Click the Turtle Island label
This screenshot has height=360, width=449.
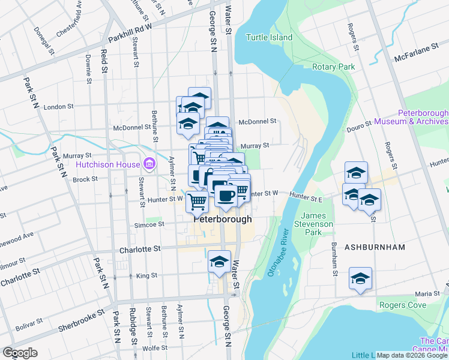point(270,37)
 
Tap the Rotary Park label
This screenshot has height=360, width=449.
point(334,67)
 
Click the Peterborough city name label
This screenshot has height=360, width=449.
point(223,220)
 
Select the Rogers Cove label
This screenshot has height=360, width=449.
point(403,305)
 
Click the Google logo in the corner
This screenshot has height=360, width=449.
point(20,353)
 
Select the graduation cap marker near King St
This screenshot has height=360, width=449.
point(219,262)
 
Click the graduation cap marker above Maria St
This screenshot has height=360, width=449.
point(360,278)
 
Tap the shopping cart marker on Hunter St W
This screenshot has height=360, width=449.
point(197,202)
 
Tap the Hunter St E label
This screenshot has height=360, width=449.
point(306,195)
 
